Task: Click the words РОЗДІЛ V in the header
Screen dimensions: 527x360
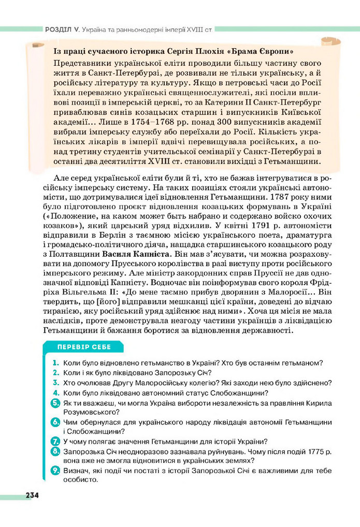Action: pos(59,30)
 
